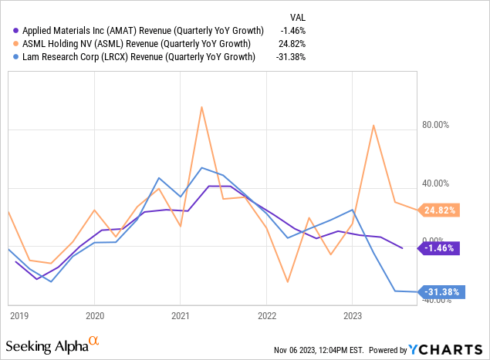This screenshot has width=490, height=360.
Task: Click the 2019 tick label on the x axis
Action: [19, 315]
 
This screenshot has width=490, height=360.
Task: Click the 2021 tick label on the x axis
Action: [180, 315]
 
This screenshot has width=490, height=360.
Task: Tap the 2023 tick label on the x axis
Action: [352, 315]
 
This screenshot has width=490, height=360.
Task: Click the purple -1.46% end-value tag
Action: [439, 248]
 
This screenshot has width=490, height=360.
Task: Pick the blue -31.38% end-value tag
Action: [439, 292]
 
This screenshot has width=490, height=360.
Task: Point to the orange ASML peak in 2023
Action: [374, 126]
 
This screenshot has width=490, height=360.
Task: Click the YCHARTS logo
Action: [448, 349]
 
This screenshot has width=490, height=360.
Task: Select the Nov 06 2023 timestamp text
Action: [317, 350]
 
